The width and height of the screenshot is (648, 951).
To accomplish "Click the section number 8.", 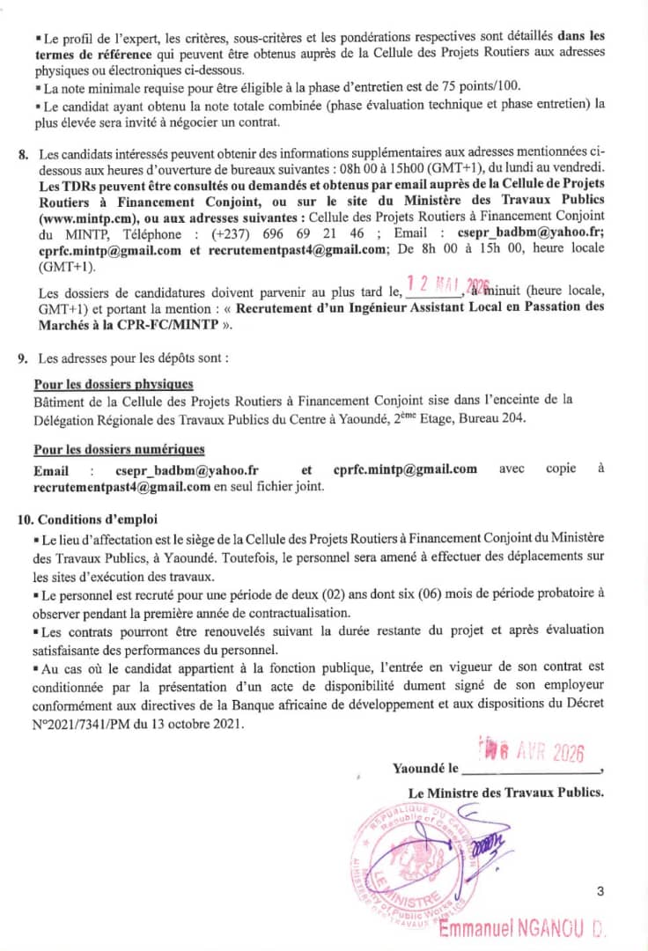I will pos(23,156).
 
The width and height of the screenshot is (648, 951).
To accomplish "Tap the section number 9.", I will pos(23,359).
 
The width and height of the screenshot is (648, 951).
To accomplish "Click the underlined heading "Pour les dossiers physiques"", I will pos(113,385).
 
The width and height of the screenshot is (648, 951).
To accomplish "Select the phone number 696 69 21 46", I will pos(323,235).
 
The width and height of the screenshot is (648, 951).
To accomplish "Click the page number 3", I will pos(600,892).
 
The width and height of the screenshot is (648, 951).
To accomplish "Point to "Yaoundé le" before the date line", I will pos(424,769).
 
